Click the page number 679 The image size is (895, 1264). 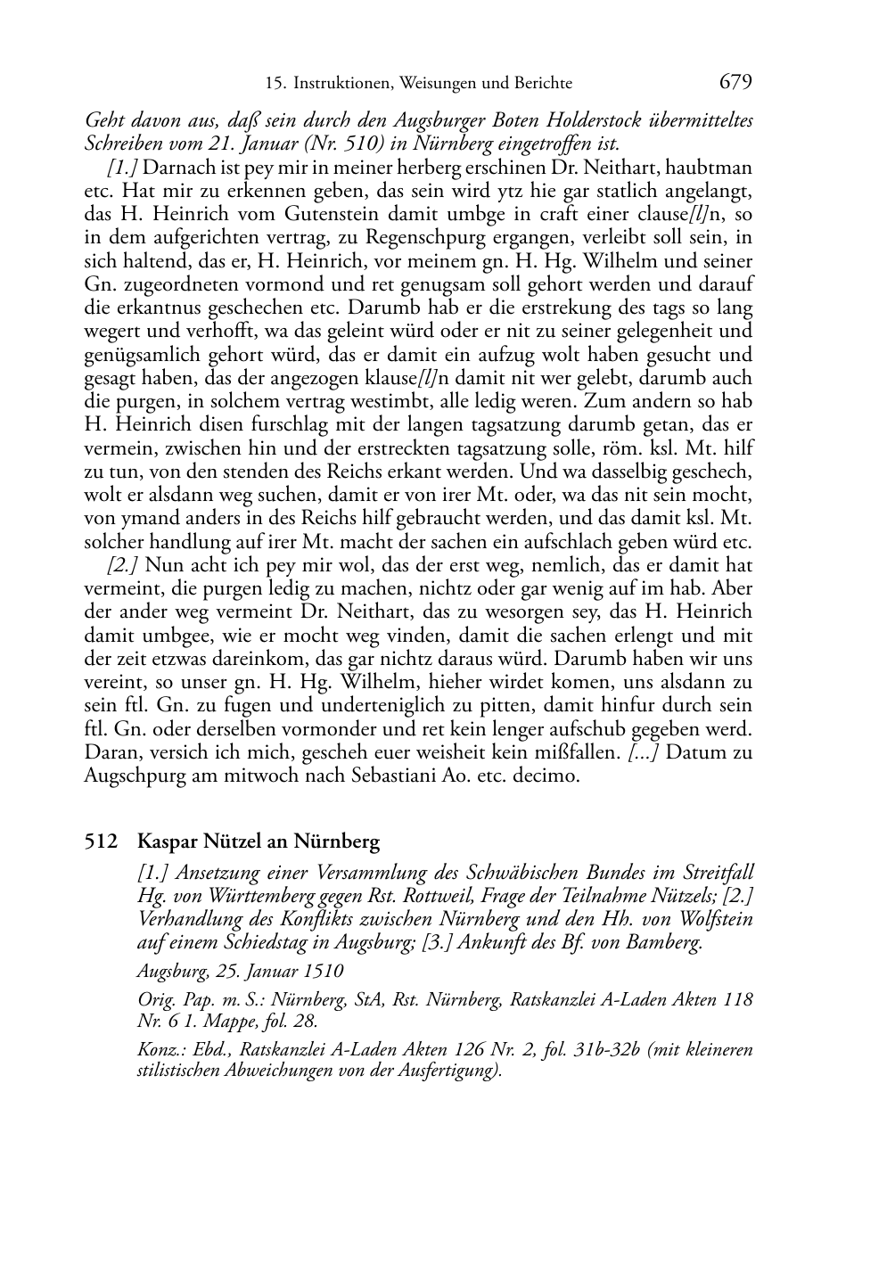[x=735, y=82]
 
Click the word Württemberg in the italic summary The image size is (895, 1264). [x=240, y=895]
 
